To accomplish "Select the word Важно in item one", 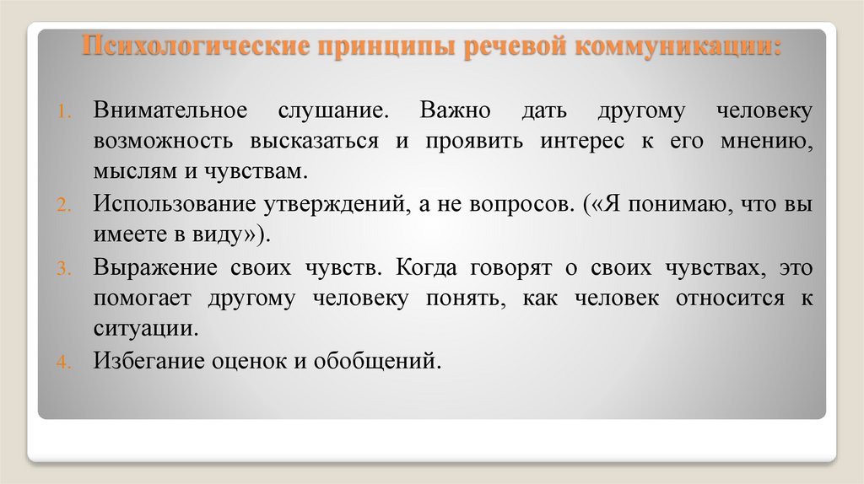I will coord(442,111).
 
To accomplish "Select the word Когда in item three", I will coord(427,267).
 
